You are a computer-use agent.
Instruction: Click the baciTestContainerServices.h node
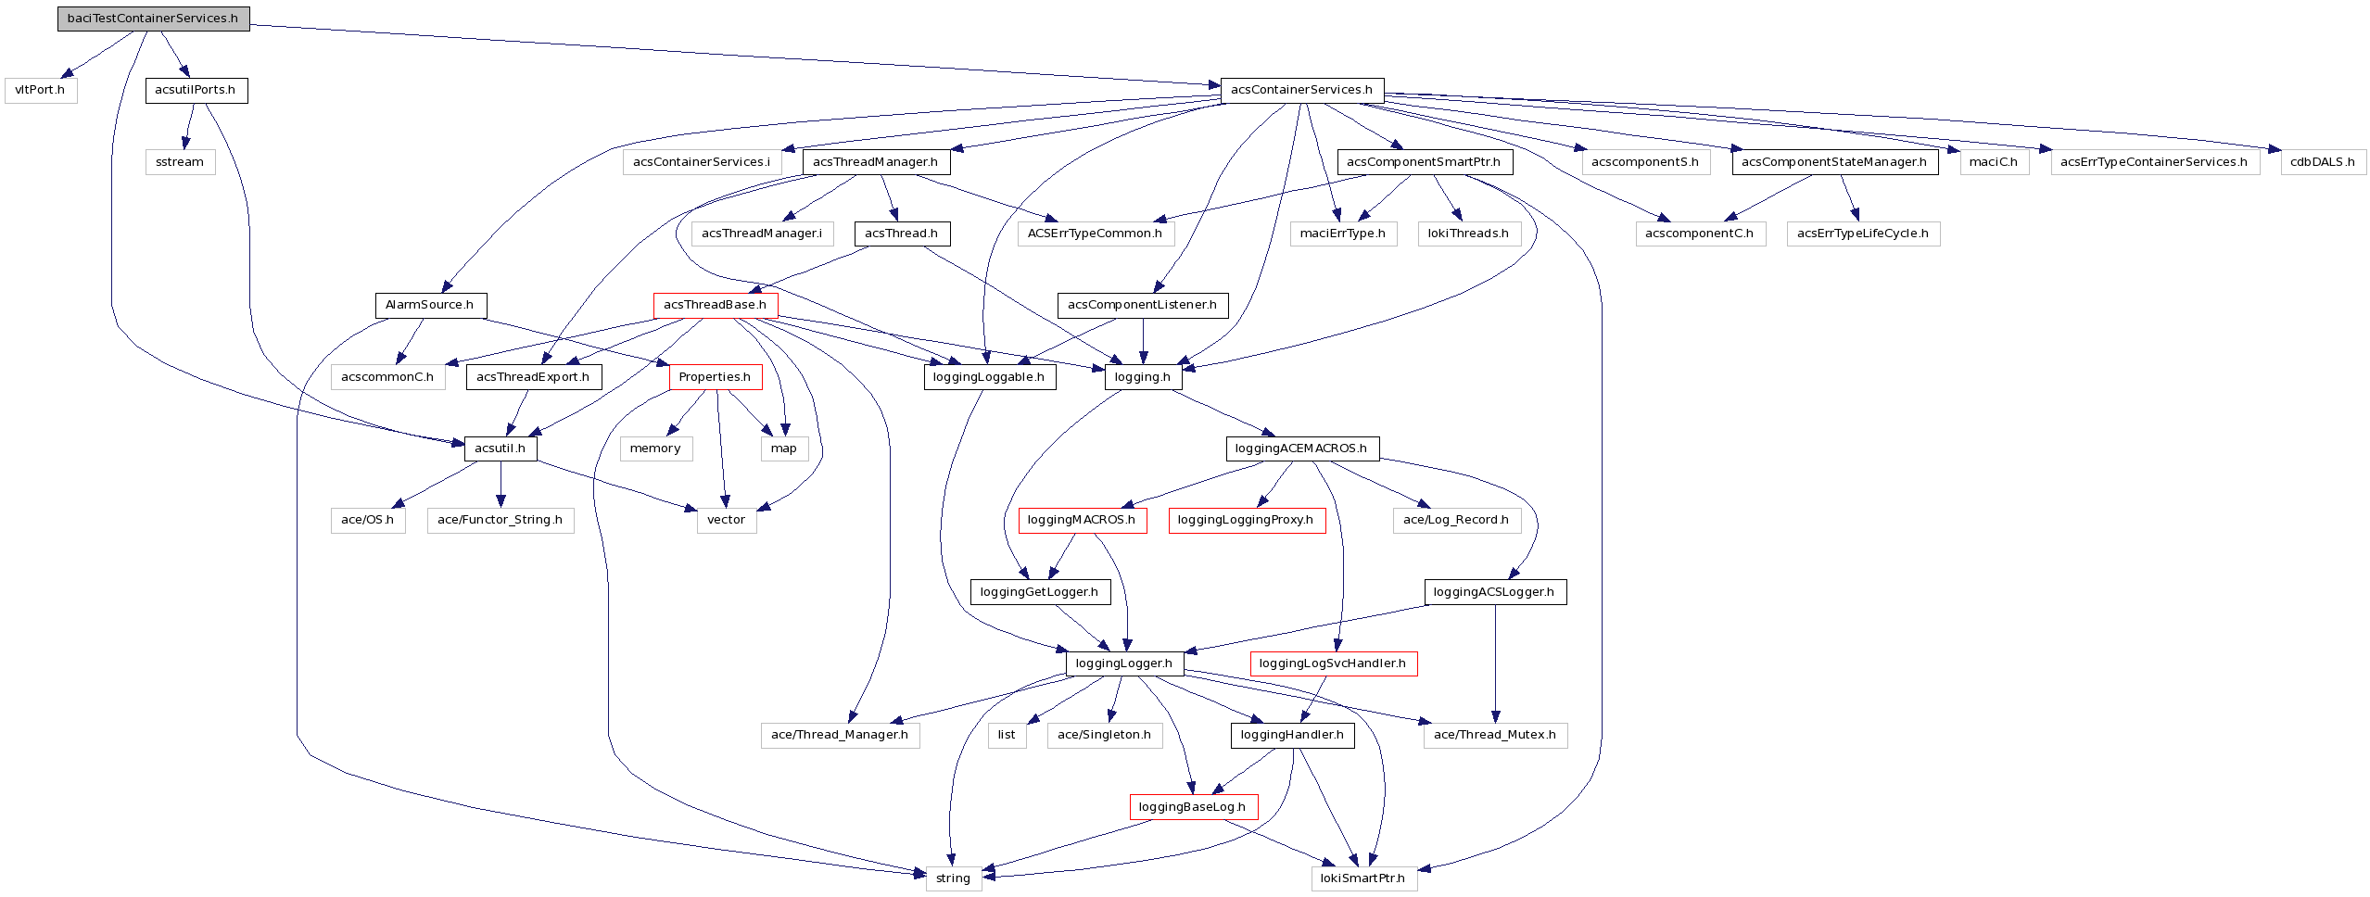click(153, 19)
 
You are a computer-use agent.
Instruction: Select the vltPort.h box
click(40, 90)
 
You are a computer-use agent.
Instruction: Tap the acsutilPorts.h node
click(196, 90)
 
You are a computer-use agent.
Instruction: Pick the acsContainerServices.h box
click(1301, 90)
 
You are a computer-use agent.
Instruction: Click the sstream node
click(180, 162)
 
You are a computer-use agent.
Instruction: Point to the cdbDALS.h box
click(2322, 162)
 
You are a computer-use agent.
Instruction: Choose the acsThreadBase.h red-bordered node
click(715, 305)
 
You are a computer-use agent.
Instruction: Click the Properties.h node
click(715, 377)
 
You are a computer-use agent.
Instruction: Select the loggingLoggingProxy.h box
click(1246, 520)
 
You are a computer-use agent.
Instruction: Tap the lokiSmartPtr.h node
click(1362, 878)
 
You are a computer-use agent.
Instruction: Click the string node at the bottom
click(953, 878)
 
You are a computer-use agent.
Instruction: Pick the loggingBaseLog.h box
click(1192, 807)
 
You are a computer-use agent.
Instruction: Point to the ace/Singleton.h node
click(1104, 735)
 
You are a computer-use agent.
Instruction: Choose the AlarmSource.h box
click(429, 305)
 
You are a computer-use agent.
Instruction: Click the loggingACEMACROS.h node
click(1301, 448)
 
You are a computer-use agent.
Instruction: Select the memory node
click(655, 448)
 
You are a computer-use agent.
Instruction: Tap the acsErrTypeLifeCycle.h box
click(1862, 234)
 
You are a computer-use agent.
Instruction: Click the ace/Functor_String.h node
click(500, 520)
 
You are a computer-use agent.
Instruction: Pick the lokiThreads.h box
click(1467, 234)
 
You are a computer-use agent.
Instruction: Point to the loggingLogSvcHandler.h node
click(1332, 663)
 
